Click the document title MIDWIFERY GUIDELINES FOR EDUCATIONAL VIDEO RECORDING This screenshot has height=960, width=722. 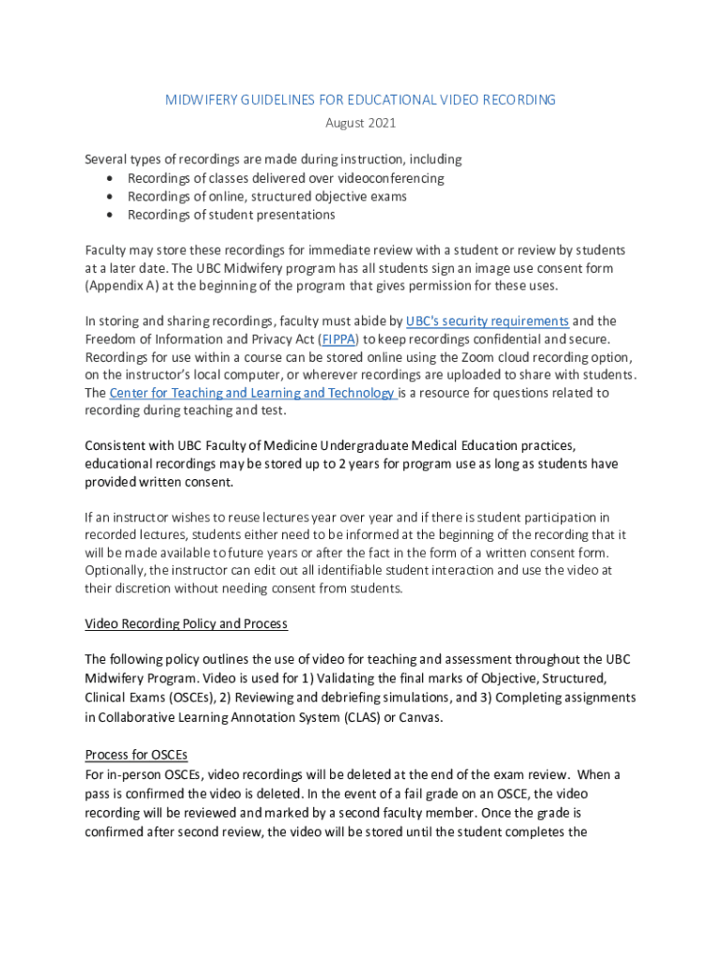pyautogui.click(x=361, y=99)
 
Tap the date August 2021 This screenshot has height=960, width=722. pyautogui.click(x=361, y=123)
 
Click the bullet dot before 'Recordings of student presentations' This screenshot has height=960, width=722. pyautogui.click(x=112, y=215)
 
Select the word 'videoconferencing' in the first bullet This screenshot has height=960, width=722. pyautogui.click(x=380, y=178)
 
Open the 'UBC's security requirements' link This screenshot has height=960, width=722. pyautogui.click(x=487, y=321)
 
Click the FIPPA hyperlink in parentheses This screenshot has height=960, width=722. pyautogui.click(x=340, y=339)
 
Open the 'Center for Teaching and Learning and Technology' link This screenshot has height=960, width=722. pyautogui.click(x=252, y=393)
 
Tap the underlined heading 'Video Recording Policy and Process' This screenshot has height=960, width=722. pyautogui.click(x=186, y=623)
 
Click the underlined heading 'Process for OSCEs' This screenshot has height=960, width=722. pyautogui.click(x=143, y=755)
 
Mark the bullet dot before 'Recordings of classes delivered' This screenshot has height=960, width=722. pyautogui.click(x=112, y=178)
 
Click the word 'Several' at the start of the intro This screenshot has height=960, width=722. pyautogui.click(x=106, y=159)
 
